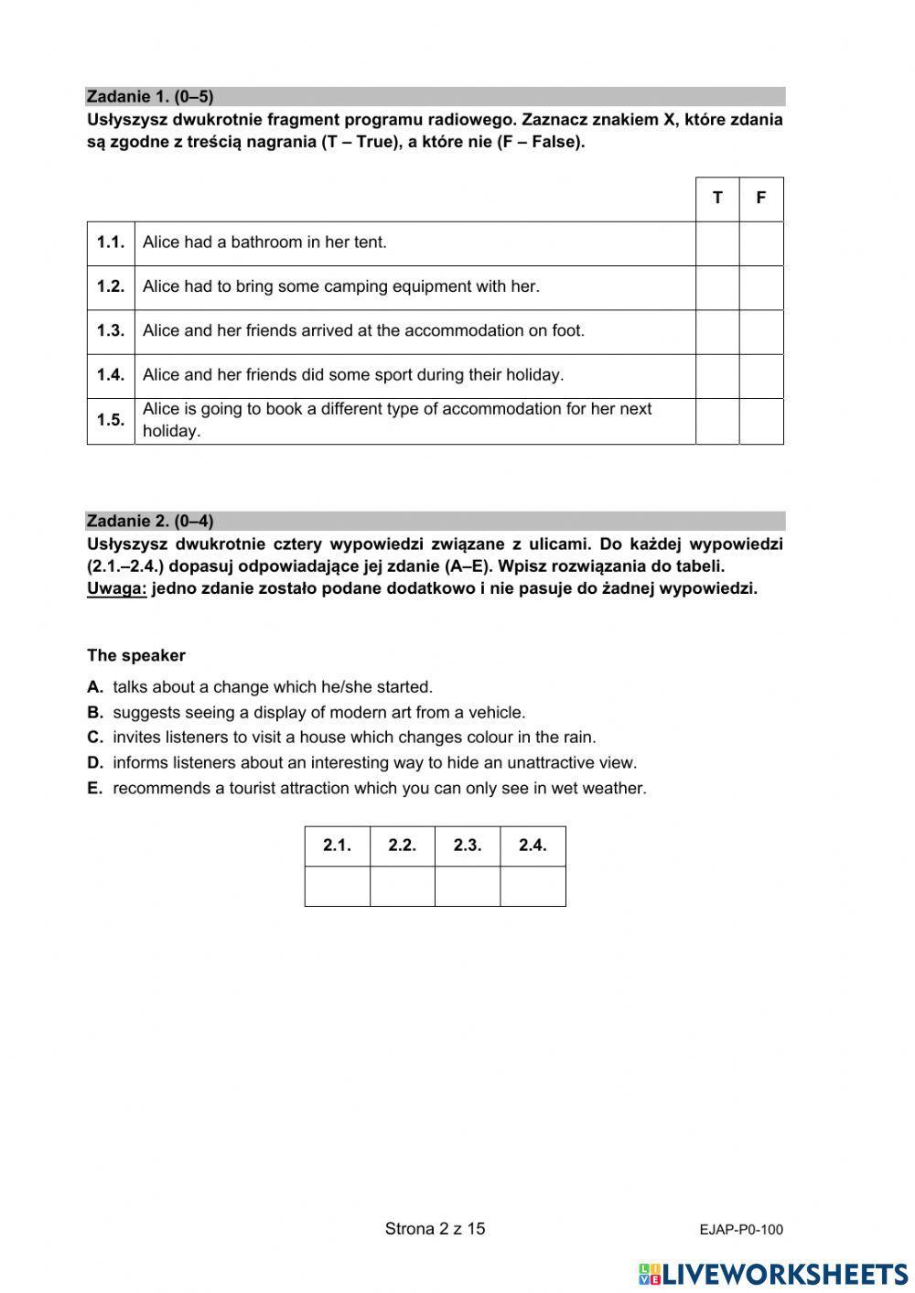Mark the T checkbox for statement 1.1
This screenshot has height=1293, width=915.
pos(717,243)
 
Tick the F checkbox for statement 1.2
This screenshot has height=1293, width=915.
pos(761,287)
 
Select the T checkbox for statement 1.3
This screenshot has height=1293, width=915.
pos(717,331)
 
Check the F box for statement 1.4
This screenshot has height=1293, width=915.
pos(761,375)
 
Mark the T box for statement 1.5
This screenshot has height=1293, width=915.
pos(717,421)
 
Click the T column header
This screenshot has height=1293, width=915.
pos(717,199)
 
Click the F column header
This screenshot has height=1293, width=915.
pos(761,199)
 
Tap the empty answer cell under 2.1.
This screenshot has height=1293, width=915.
pos(338,886)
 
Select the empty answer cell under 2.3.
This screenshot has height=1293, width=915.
pos(468,886)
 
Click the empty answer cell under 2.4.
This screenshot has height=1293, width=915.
pos(533,886)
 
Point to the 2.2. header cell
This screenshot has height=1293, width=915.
pos(403,846)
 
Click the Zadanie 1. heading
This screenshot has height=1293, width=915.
pos(150,97)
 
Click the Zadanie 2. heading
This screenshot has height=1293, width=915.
pos(150,522)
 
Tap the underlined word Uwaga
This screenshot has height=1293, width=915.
pos(116,588)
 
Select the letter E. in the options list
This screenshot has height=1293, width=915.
pos(95,788)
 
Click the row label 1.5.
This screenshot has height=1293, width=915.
pos(111,421)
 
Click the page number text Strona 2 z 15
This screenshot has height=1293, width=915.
pos(435,1229)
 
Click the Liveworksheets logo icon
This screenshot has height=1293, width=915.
pos(649,1274)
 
